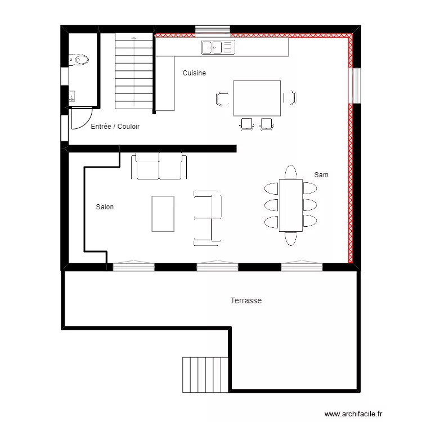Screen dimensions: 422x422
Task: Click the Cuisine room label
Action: [194, 73]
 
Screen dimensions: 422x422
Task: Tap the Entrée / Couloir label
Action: [115, 127]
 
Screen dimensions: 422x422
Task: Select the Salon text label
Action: [105, 207]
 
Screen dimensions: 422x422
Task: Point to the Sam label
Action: [321, 175]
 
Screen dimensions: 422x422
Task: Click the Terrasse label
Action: [246, 301]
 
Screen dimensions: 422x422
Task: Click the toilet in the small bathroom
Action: [79, 59]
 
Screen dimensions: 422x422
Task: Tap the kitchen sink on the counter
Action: [217, 47]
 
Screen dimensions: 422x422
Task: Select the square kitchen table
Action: [257, 98]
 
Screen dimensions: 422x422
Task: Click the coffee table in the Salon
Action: [163, 213]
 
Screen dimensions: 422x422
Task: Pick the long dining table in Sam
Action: [291, 205]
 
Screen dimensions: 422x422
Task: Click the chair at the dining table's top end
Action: [291, 171]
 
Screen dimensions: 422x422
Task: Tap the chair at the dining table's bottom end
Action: [291, 239]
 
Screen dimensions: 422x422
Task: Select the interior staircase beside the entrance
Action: [134, 71]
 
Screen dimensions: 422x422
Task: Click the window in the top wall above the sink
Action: [212, 29]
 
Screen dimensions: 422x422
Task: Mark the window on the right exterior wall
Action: [356, 86]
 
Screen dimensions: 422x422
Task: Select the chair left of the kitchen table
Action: [221, 98]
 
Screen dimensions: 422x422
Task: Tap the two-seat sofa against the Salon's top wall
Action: [159, 167]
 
